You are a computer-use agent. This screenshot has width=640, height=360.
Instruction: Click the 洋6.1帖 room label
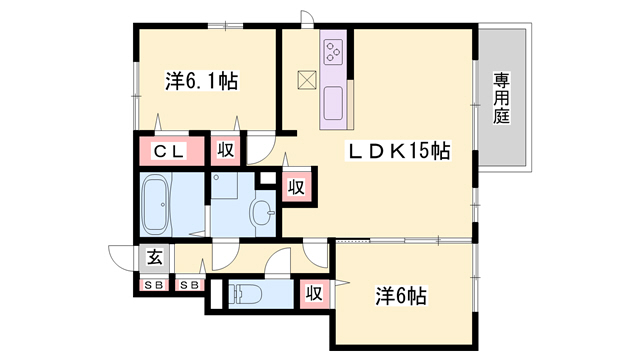202,81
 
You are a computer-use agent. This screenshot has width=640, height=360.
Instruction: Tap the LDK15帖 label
398,151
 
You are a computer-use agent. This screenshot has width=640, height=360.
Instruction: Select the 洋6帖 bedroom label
401,296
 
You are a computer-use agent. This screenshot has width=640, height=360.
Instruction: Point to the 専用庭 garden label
501,98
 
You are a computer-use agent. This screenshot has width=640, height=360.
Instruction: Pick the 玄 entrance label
155,258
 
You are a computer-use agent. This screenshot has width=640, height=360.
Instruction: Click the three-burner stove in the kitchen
333,51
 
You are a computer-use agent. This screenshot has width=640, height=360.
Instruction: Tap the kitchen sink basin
333,103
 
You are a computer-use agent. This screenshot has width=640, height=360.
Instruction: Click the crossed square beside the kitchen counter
307,80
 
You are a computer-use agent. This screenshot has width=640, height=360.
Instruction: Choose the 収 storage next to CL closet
225,150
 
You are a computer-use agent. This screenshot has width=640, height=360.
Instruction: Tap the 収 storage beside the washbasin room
296,187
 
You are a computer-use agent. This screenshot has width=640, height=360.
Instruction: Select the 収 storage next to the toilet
314,293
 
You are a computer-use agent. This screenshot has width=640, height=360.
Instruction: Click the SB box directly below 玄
154,285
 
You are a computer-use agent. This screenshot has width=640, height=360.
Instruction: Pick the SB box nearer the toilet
190,285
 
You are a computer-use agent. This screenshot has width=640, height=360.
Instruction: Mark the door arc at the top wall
308,17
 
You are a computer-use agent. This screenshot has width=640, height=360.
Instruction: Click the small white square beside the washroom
268,178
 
